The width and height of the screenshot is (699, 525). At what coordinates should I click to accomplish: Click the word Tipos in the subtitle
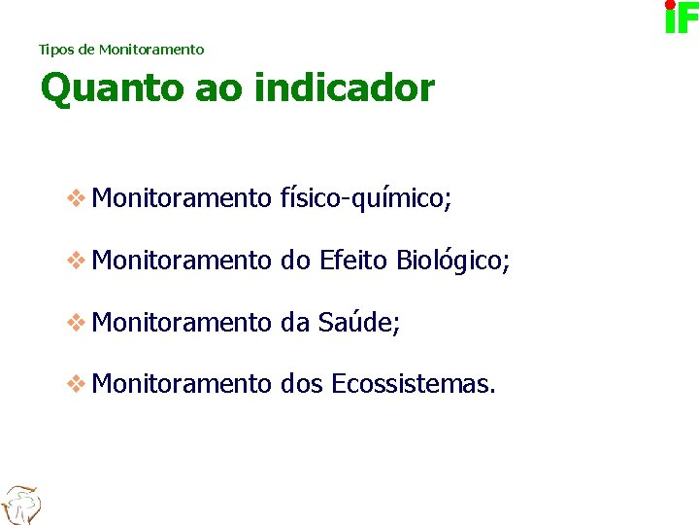click(54, 49)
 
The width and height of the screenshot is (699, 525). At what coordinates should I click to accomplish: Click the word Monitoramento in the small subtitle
click(151, 49)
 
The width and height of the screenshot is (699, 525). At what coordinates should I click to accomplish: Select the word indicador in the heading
click(344, 88)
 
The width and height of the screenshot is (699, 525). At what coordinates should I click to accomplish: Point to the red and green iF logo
click(681, 17)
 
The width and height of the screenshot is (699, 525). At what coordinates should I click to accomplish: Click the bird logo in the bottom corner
click(19, 504)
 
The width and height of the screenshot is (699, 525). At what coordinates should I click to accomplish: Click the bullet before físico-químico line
click(76, 198)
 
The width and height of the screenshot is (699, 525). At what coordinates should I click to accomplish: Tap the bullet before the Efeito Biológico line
click(76, 261)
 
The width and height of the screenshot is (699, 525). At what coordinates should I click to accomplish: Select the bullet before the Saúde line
click(76, 323)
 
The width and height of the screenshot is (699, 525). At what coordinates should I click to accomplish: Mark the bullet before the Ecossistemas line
click(76, 385)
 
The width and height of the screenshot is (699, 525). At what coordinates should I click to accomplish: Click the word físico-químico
click(365, 199)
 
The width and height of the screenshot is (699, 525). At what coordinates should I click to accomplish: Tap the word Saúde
click(357, 323)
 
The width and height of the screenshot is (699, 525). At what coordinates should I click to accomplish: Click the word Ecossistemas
click(414, 385)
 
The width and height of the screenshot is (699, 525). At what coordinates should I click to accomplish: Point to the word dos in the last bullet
click(301, 385)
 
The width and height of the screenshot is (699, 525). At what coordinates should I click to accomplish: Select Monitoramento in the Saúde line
click(182, 323)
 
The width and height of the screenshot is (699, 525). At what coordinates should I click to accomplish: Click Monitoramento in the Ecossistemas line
click(182, 385)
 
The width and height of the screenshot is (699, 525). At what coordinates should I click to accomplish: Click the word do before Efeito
click(294, 261)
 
